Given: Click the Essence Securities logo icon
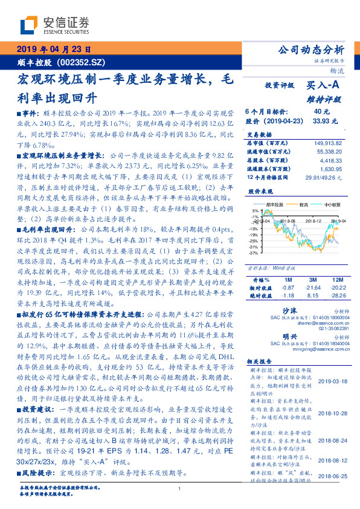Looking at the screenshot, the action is (28, 25).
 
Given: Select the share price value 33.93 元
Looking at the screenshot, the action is (321, 120).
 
